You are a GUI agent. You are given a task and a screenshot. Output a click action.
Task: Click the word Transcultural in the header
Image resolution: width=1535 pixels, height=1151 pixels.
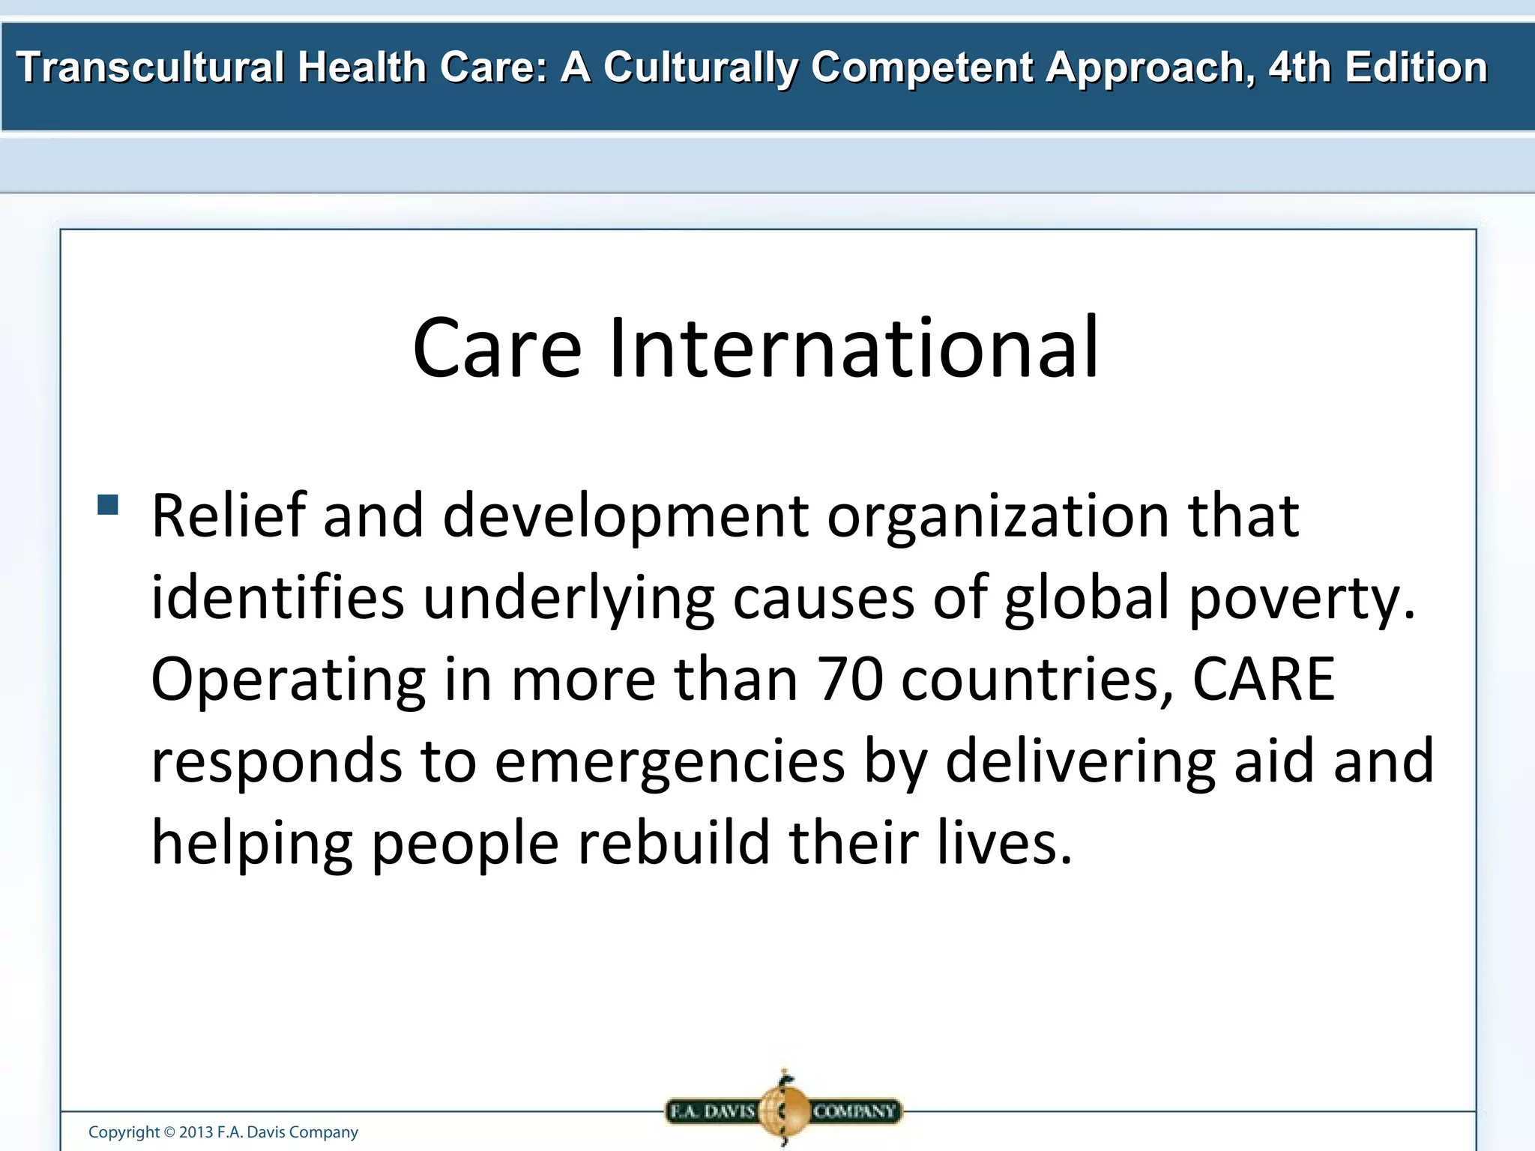point(150,67)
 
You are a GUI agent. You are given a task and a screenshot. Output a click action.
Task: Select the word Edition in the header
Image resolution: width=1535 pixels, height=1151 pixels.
point(1416,67)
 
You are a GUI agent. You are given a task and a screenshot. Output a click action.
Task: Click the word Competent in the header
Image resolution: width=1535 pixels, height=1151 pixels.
point(921,67)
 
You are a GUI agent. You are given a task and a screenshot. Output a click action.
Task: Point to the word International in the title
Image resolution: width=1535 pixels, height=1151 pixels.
point(854,348)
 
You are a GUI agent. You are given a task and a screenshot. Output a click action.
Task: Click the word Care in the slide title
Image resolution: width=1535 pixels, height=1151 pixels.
point(497,348)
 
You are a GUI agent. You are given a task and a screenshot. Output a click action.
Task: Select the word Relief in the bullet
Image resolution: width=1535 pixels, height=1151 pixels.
point(229,516)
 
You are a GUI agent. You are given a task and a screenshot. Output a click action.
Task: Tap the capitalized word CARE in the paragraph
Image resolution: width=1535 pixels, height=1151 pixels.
point(1264,679)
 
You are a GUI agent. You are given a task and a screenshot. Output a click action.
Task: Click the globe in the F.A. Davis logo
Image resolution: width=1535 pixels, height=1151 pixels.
point(784,1111)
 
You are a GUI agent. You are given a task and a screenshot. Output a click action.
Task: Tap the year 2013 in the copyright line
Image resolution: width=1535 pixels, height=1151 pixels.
point(196,1132)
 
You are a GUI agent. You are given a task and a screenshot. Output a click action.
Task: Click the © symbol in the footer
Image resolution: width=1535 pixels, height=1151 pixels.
point(169,1132)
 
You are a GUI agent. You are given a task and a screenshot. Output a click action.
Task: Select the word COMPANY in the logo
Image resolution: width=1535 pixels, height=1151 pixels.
point(854,1111)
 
